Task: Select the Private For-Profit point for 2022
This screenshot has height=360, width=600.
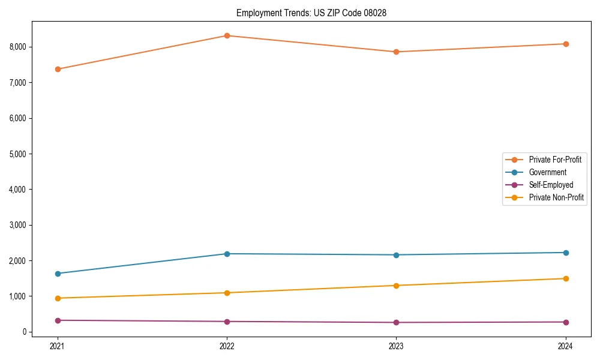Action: pos(227,35)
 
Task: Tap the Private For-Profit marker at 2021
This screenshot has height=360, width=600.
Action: pos(58,69)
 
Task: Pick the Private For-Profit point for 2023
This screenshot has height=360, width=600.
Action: pos(396,52)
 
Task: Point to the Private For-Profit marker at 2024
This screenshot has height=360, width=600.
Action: pos(565,44)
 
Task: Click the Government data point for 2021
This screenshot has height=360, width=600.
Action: pos(58,274)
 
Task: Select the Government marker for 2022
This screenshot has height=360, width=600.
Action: pos(227,254)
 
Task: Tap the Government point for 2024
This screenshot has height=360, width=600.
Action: pos(565,253)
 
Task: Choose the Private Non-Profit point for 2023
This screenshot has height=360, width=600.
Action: pos(396,286)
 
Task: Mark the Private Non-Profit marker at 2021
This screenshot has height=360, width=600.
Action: pos(58,298)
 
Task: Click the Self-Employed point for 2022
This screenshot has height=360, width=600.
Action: pos(227,322)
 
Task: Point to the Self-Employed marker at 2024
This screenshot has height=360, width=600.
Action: pos(565,322)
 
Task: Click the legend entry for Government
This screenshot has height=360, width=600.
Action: pos(547,172)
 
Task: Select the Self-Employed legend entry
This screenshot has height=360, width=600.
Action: pos(551,185)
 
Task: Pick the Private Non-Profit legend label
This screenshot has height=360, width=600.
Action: pos(556,197)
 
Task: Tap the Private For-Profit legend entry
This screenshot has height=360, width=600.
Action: pos(554,160)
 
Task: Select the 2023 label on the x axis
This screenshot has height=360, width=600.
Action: pos(396,346)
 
